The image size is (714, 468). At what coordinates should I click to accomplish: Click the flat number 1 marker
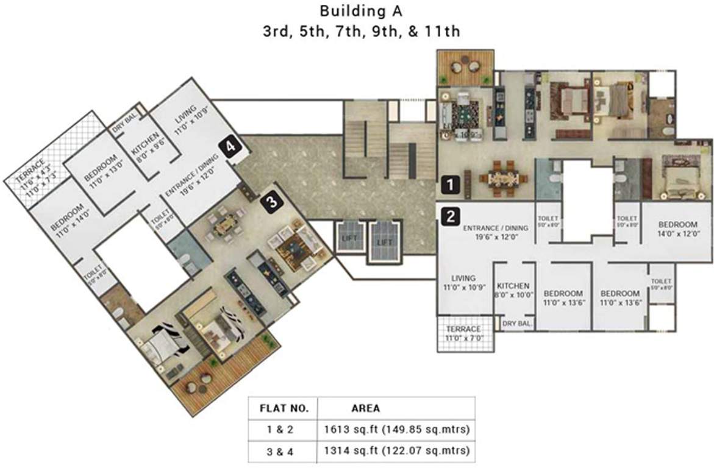pyautogui.click(x=450, y=182)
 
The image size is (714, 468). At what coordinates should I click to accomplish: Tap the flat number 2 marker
pyautogui.click(x=450, y=215)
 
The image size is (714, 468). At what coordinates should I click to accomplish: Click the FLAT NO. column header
pyautogui.click(x=280, y=408)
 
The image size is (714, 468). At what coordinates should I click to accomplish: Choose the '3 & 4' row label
pyautogui.click(x=280, y=452)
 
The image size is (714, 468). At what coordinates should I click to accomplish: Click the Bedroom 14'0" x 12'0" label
pyautogui.click(x=677, y=229)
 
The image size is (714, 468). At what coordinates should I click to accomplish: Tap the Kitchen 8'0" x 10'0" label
pyautogui.click(x=513, y=290)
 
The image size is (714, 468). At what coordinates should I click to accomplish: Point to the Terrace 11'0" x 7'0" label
pyautogui.click(x=468, y=333)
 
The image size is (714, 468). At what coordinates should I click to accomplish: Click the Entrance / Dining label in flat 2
pyautogui.click(x=491, y=233)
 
